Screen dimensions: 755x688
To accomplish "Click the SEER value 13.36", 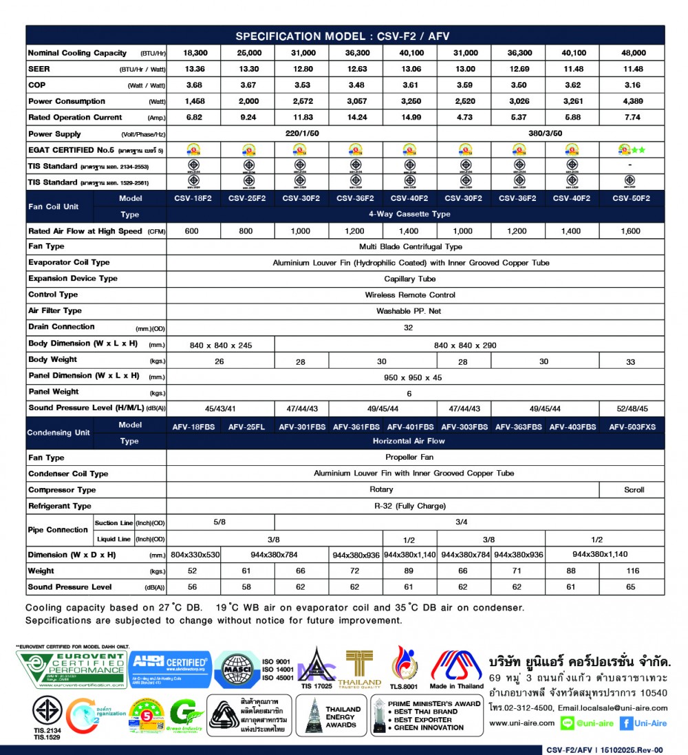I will (192, 69).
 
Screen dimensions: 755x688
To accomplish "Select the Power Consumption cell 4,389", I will (634, 101).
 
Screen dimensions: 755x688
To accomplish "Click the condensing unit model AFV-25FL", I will (246, 427).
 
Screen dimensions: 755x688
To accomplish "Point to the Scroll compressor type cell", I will (634, 490).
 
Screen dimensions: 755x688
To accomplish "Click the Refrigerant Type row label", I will (60, 506).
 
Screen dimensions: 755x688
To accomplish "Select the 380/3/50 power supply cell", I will (550, 134).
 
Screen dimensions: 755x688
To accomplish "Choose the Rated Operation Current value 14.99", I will (410, 117).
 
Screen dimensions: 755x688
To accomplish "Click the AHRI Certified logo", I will (170, 669).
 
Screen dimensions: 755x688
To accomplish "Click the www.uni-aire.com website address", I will (522, 723).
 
